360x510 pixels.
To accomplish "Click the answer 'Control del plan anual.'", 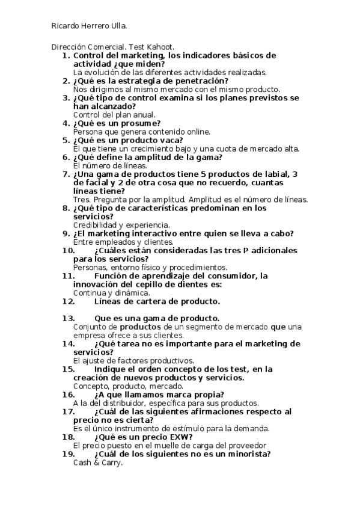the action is [x=114, y=114].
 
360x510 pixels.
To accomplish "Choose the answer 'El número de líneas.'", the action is [x=109, y=165].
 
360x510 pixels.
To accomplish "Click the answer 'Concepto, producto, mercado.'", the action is [x=128, y=386].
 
